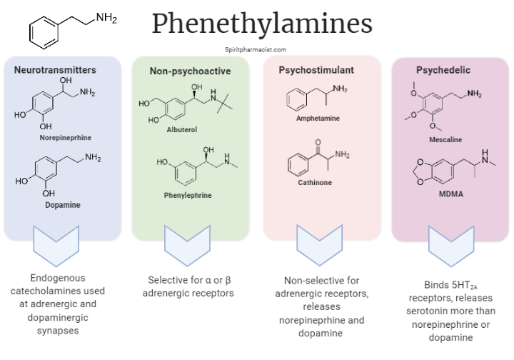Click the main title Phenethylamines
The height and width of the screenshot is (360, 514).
pos(261,24)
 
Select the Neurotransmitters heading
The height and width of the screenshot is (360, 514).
pos(55,70)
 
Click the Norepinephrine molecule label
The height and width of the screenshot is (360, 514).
pos(66,136)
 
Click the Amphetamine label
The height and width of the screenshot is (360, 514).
pos(318,118)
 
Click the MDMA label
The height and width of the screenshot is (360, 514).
pos(451,192)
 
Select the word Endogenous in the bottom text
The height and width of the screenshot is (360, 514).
pos(58,279)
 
